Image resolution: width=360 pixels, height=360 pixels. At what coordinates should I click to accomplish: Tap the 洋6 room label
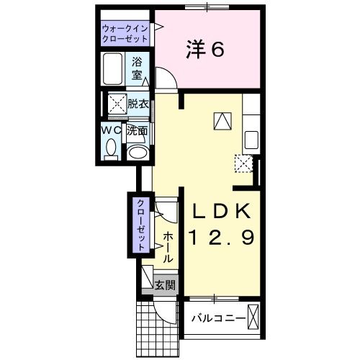(207, 49)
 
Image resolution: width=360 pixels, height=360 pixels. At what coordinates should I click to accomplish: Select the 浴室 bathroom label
(138, 69)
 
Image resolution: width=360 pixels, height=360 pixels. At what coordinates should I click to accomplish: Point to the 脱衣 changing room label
(138, 104)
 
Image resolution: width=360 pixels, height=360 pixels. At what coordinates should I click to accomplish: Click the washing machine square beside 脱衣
(116, 105)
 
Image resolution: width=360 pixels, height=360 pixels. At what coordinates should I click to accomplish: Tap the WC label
(110, 130)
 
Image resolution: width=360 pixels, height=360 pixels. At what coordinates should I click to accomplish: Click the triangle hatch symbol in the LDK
(222, 120)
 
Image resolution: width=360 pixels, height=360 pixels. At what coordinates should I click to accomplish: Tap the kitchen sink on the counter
(253, 139)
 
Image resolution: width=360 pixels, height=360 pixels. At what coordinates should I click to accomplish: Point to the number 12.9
(221, 238)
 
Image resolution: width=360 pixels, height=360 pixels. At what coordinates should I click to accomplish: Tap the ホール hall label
(167, 247)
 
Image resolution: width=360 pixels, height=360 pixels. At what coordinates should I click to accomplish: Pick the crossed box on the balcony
(252, 318)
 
